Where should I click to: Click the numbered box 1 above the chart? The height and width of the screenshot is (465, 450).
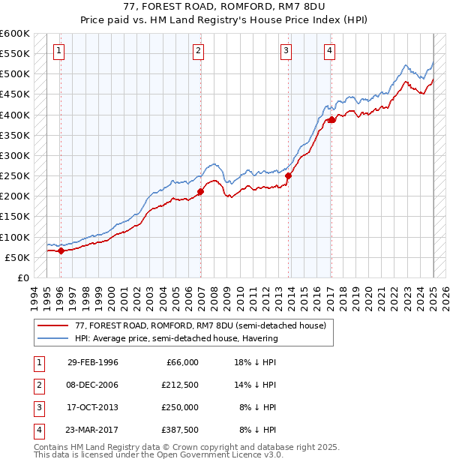59,51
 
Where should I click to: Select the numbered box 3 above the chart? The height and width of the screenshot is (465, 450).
286,51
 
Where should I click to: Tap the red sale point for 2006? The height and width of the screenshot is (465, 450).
200,192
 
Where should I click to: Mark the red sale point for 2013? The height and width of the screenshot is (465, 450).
289,176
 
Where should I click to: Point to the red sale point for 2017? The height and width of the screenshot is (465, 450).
331,120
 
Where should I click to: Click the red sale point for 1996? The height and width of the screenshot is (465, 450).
61,251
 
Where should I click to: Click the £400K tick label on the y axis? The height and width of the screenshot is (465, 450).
14,115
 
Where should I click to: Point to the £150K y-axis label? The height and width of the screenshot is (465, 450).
14,217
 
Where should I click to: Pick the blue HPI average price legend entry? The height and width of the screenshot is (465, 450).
176,338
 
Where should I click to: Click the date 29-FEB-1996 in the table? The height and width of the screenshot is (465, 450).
93,362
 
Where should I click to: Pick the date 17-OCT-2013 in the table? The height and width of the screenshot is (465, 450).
93,407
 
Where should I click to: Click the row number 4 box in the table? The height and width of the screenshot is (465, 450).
38,430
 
